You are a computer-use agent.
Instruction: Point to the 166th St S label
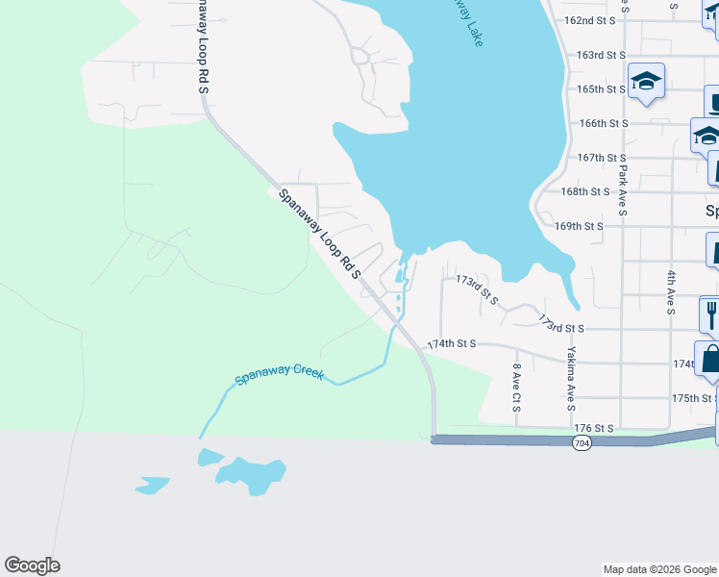pyautogui.click(x=604, y=124)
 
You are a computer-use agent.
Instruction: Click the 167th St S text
pyautogui.click(x=602, y=158)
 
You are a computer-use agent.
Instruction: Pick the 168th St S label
pyautogui.click(x=585, y=192)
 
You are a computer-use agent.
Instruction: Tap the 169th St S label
pyautogui.click(x=579, y=227)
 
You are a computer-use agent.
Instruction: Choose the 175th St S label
pyautogui.click(x=695, y=398)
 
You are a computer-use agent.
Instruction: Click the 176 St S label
pyautogui.click(x=594, y=428)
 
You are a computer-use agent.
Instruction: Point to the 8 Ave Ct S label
pyautogui.click(x=517, y=388)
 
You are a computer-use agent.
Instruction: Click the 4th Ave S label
pyautogui.click(x=671, y=292)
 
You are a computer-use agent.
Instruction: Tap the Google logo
pyautogui.click(x=32, y=565)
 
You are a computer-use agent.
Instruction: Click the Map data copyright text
pyautogui.click(x=658, y=569)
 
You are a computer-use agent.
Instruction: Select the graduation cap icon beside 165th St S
pyautogui.click(x=647, y=81)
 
